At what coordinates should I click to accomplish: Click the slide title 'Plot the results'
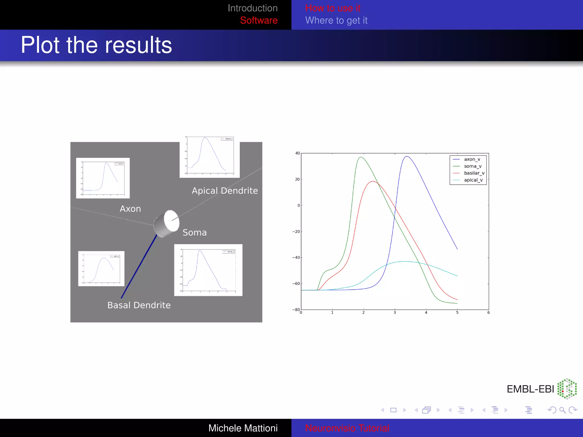click(x=96, y=45)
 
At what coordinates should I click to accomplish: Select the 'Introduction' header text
click(x=253, y=8)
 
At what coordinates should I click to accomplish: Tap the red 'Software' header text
click(x=258, y=20)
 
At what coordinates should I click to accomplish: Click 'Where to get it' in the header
click(x=336, y=20)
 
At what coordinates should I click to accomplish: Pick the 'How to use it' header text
click(x=332, y=8)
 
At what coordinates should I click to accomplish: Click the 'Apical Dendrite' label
click(x=225, y=191)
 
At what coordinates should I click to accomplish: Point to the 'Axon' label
click(x=130, y=209)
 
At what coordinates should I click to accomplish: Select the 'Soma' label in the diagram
click(x=194, y=232)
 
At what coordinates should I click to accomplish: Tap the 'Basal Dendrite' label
click(x=139, y=305)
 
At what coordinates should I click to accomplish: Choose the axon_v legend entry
click(x=472, y=159)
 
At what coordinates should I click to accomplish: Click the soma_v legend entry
click(x=473, y=166)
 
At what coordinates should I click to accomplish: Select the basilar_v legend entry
click(x=474, y=173)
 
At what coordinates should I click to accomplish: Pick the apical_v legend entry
click(x=473, y=180)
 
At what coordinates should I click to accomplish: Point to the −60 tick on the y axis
click(x=296, y=284)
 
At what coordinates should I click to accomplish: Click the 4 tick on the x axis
click(x=426, y=312)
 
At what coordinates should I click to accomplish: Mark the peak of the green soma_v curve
click(x=361, y=157)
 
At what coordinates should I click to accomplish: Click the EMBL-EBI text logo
click(x=530, y=389)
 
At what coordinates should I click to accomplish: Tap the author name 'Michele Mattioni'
click(x=243, y=428)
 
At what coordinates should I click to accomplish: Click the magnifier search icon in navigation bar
click(x=562, y=410)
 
